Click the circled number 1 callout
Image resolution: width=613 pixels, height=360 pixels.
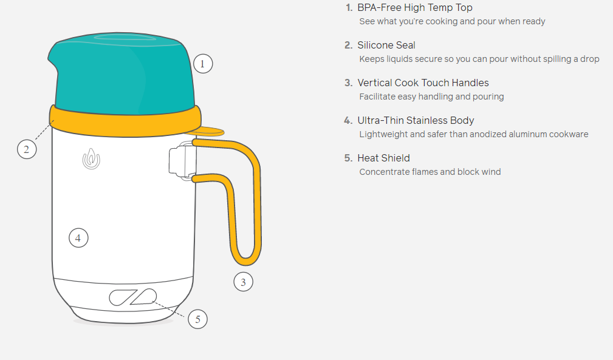click(203, 64)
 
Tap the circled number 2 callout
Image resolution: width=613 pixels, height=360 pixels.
click(27, 149)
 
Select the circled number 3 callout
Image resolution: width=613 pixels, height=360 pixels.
click(243, 282)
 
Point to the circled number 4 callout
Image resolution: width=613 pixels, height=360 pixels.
click(78, 238)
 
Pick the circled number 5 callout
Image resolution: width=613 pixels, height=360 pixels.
click(197, 319)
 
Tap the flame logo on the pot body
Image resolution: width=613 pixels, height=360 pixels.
click(91, 159)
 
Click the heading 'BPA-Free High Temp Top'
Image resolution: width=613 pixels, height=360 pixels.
click(415, 8)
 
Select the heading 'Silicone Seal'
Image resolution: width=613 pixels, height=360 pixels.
click(386, 46)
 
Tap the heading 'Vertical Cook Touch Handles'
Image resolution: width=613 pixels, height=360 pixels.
click(423, 83)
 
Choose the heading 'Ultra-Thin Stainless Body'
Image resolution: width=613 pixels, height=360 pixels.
click(416, 121)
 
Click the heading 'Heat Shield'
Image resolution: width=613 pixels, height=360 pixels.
click(383, 158)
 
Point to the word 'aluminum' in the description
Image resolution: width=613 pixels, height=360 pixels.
click(508, 134)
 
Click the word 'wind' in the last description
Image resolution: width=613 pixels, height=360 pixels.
click(491, 172)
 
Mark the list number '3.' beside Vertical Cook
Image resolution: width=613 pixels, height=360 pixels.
click(348, 83)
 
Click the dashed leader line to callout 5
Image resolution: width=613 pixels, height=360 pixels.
click(169, 309)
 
